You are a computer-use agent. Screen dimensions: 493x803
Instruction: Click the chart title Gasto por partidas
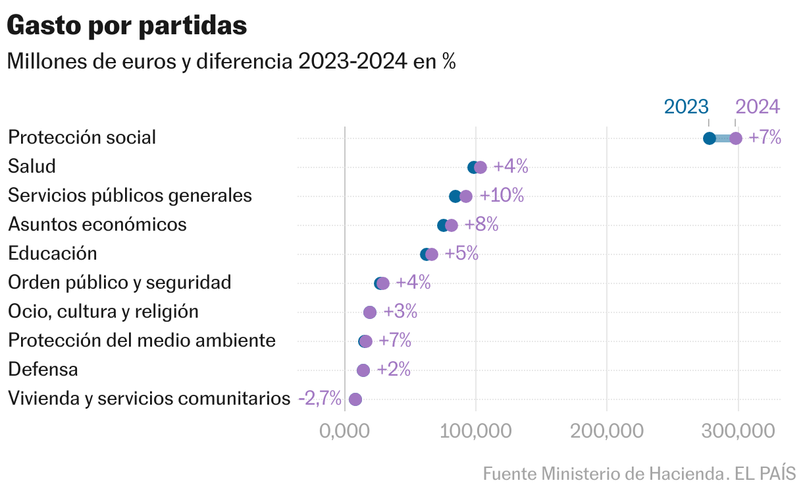tap(126, 26)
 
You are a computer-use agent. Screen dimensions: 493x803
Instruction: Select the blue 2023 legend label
tap(686, 107)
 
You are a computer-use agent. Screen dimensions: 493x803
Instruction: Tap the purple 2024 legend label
tap(757, 107)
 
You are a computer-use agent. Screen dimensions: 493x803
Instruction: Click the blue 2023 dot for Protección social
tap(710, 138)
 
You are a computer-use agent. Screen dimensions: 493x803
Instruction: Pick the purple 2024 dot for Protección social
tap(736, 138)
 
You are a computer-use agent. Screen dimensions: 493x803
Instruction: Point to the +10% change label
tap(502, 196)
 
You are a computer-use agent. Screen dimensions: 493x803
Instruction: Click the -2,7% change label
tap(320, 399)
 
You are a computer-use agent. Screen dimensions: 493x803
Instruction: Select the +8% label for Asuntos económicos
tap(481, 225)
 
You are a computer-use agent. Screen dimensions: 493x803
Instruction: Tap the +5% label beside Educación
tap(461, 254)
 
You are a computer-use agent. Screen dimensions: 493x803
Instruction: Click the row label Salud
tap(32, 166)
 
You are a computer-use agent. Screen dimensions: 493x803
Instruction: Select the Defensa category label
tap(43, 370)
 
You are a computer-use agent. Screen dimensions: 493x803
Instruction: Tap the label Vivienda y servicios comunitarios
tap(149, 399)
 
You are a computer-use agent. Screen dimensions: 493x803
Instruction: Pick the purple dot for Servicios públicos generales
tap(466, 196)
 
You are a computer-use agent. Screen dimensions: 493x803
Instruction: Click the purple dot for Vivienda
tap(355, 399)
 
